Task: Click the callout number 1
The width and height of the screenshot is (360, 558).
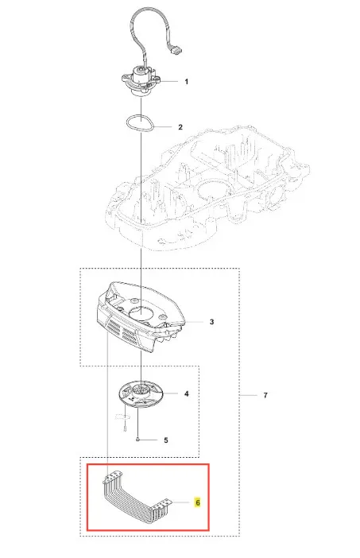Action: pos(187,82)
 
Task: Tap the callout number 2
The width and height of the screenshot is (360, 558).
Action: pos(180,127)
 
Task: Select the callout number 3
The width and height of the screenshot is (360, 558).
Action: pos(211,322)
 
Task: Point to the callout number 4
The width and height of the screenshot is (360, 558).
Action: pos(187,394)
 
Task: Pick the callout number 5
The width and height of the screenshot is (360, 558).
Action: pos(166,440)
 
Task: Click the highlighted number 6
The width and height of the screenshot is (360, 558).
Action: pos(197,502)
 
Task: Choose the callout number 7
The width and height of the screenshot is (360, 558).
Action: pos(265,395)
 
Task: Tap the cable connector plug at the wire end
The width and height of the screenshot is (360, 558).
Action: pos(175,51)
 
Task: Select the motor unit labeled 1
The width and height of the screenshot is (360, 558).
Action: pos(140,81)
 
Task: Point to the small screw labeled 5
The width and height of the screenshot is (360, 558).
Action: pos(137,440)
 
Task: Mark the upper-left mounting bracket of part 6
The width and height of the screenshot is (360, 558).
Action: pos(113,476)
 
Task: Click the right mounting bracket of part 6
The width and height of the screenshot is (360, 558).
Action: pos(163,505)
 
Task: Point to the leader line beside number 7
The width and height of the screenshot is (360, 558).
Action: pos(249,395)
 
